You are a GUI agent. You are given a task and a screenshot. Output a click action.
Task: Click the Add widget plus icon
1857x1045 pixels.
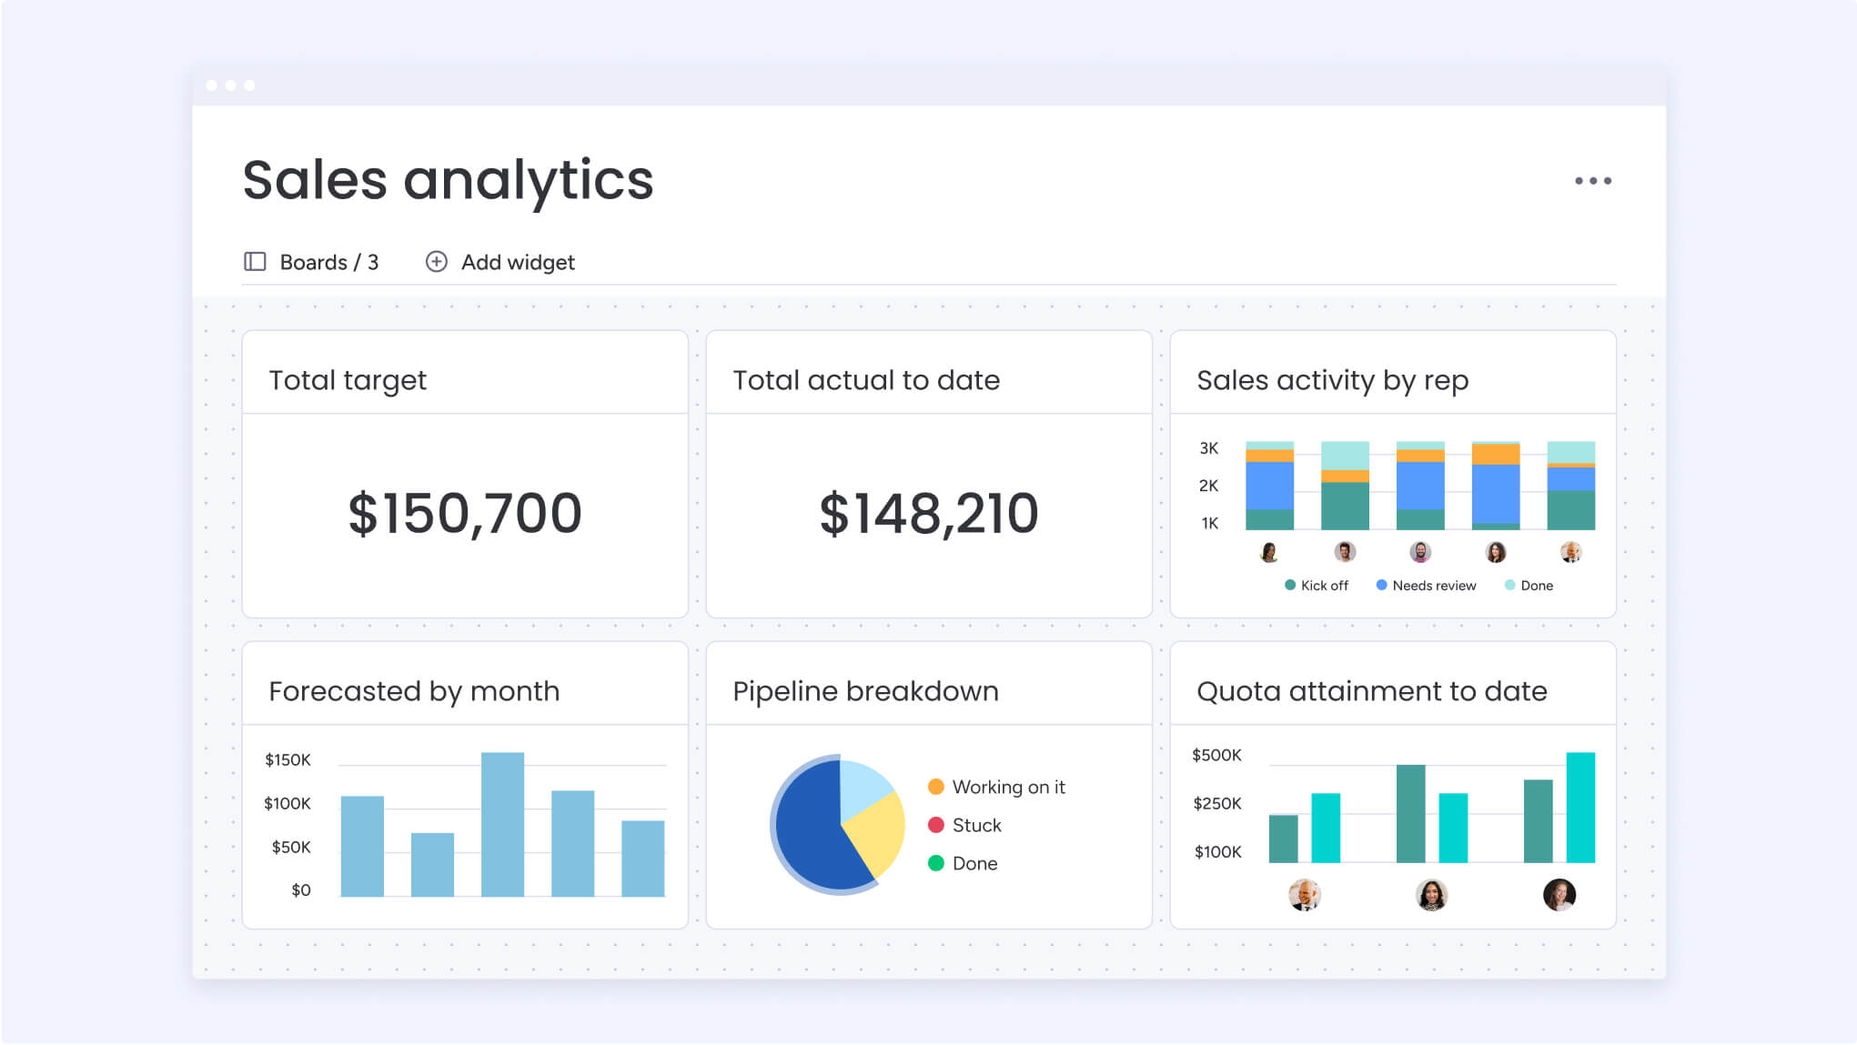(x=437, y=262)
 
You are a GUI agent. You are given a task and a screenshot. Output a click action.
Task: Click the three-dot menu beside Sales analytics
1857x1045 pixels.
(x=1592, y=181)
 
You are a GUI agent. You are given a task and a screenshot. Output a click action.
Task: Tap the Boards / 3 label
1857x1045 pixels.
(x=328, y=263)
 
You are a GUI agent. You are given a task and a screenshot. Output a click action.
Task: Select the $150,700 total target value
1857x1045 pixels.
(x=465, y=514)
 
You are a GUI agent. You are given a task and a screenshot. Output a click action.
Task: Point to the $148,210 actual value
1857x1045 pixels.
(x=928, y=514)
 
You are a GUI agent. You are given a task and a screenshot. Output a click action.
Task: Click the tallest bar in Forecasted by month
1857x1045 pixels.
(x=502, y=823)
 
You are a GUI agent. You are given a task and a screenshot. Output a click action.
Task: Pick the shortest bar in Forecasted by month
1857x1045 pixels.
(x=432, y=864)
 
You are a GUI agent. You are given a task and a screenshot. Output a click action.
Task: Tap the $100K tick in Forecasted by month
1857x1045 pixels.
(x=288, y=803)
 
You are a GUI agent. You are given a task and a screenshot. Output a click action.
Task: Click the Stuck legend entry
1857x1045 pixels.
(x=975, y=825)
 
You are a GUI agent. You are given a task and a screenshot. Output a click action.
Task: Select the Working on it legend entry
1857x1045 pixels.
(x=1007, y=787)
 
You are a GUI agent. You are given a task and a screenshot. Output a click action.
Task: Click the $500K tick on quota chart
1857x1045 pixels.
(x=1216, y=755)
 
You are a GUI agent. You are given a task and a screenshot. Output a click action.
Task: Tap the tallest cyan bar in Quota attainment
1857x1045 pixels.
(x=1580, y=807)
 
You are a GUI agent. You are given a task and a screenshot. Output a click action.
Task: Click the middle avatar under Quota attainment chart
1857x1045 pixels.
(x=1431, y=895)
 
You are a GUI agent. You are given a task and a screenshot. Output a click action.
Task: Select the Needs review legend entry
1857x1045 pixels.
(x=1433, y=586)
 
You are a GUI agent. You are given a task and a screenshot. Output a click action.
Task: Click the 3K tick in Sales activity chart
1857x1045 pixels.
(x=1208, y=448)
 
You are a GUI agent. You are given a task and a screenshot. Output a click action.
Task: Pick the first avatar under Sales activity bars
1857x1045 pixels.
(x=1269, y=552)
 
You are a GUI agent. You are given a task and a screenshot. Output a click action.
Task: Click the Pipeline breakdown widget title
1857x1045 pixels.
(x=865, y=691)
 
